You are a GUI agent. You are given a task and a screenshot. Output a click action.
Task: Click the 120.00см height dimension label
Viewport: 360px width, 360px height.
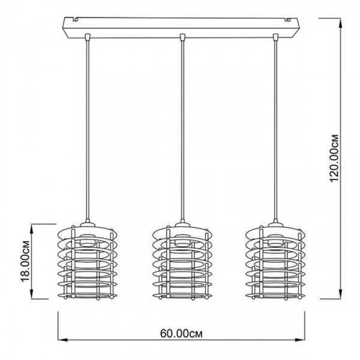(334, 158)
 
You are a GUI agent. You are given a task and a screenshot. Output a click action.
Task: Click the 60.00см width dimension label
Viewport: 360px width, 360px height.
(182, 334)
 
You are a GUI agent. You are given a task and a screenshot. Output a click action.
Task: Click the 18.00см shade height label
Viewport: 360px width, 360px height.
(26, 261)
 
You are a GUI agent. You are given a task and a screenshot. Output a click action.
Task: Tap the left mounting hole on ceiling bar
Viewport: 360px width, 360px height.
(76, 20)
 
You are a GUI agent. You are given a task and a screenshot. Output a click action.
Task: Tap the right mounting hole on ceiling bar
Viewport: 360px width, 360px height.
(288, 20)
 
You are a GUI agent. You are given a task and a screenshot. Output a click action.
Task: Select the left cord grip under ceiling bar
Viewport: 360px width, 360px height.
(87, 37)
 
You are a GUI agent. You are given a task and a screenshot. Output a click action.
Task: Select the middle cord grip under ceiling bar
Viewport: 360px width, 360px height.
(183, 37)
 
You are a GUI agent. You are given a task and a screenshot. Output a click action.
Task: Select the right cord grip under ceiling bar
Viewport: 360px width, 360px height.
(276, 37)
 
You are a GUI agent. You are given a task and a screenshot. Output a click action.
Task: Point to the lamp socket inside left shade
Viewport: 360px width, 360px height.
(87, 240)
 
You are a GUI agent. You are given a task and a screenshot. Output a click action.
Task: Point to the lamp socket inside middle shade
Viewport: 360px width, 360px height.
(183, 240)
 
